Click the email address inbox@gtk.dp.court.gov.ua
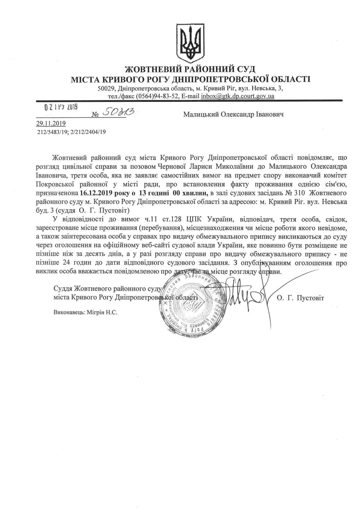coord(237,96)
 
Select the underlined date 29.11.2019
coord(51,124)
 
